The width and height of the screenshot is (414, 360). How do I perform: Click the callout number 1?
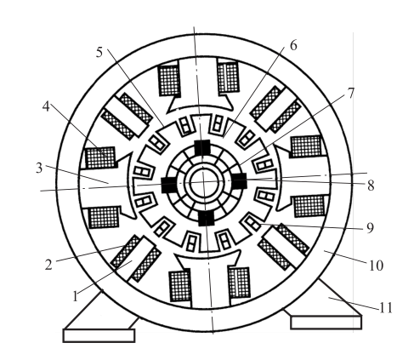click(75, 296)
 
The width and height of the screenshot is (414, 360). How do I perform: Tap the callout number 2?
click(48, 265)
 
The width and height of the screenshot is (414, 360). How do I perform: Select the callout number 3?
click(39, 168)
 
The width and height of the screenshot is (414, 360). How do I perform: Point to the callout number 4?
click(46, 106)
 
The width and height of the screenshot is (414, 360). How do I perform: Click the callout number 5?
click(99, 52)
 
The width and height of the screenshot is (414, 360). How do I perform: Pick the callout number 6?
click(293, 45)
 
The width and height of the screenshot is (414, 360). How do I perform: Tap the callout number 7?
click(351, 93)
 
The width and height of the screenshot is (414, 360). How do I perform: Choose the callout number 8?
click(371, 186)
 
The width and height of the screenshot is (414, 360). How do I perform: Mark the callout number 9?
click(370, 228)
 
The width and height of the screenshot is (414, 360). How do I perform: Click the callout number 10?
click(376, 266)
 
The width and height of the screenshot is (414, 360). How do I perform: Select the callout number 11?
click(386, 307)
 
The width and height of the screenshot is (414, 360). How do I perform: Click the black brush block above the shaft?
click(202, 147)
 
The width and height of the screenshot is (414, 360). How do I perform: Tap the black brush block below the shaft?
click(206, 218)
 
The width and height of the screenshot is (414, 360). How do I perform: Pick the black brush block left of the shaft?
click(169, 185)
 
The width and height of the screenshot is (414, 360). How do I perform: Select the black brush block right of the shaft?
click(239, 181)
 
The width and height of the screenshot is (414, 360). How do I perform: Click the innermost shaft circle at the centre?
click(204, 183)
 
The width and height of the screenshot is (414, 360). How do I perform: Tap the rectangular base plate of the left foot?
click(99, 335)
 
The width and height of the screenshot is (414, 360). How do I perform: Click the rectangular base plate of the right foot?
click(326, 323)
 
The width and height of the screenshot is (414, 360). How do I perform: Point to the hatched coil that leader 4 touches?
click(101, 157)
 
